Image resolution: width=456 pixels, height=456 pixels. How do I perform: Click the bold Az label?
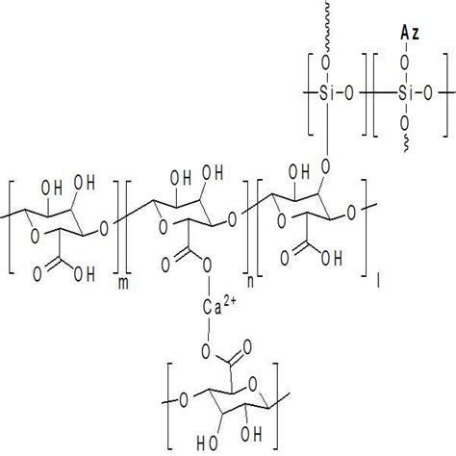coord(410,34)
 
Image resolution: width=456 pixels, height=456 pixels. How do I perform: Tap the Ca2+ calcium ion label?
coord(215,308)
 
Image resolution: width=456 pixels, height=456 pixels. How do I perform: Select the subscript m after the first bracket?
coord(123,284)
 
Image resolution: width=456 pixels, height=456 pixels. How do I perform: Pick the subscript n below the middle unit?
coord(250,282)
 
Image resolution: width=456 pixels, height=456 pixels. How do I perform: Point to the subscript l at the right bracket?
coord(379,281)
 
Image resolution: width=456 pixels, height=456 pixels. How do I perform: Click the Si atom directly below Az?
coord(406,93)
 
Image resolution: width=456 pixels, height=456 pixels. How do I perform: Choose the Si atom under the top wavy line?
coord(327,93)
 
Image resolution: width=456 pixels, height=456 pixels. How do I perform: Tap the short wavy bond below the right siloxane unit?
coord(406,143)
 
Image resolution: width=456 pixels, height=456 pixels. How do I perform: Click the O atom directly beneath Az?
coord(405,63)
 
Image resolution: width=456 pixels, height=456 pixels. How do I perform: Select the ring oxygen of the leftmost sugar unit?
coord(35,237)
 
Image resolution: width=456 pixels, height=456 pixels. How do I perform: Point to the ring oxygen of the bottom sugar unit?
coord(253,385)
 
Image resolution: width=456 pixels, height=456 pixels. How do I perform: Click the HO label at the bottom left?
coord(207,443)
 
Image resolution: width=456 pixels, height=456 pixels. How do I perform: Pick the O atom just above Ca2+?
coord(207,265)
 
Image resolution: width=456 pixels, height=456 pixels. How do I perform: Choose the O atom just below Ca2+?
coord(207,352)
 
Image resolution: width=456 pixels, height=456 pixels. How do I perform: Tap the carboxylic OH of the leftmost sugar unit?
coord(85,275)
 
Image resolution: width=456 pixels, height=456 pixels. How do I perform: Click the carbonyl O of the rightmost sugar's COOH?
coord(285,259)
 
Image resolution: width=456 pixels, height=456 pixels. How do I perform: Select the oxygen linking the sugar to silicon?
coord(326,166)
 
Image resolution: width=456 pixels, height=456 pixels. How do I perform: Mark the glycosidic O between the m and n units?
coord(104,230)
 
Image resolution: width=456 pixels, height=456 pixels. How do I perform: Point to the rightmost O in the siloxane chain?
coord(428,93)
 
